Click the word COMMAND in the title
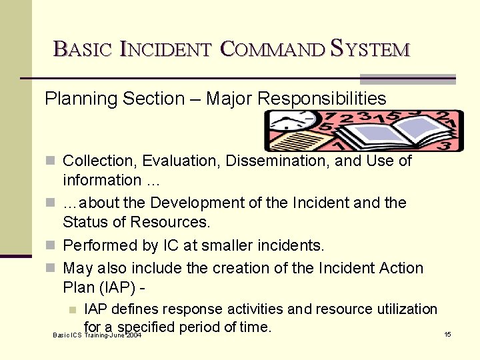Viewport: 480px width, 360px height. coord(272,49)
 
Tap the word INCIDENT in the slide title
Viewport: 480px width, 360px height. coord(166,49)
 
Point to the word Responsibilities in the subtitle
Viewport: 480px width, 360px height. coord(322,99)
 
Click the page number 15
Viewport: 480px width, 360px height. coord(448,334)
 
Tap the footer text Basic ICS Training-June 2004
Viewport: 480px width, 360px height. coord(97,335)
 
